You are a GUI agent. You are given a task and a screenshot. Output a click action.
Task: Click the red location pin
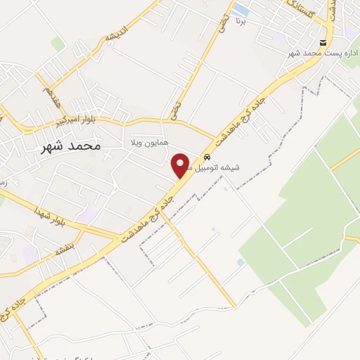click(181, 165)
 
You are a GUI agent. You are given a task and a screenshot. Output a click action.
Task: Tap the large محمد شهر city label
click(68, 146)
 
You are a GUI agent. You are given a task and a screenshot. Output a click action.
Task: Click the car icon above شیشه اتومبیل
click(206, 157)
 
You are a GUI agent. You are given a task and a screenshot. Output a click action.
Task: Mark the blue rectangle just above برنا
click(240, 9)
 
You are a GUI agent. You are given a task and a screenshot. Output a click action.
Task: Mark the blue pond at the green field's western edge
click(241, 262)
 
